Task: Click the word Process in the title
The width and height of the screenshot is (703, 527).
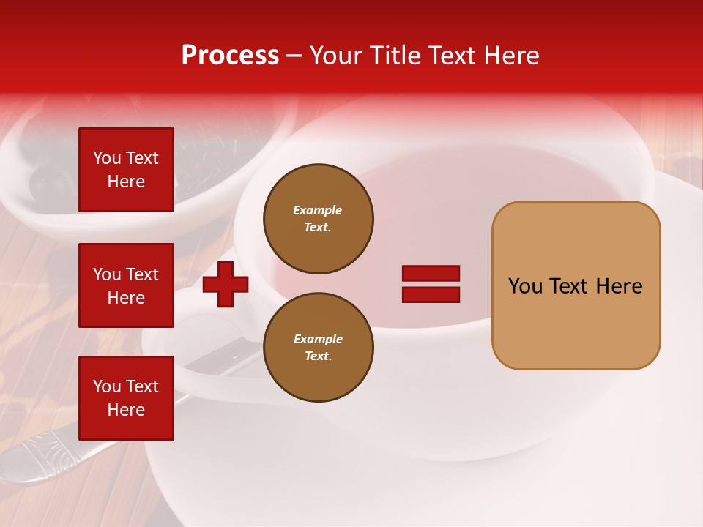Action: pyautogui.click(x=230, y=56)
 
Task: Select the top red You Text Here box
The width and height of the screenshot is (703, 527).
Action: pyautogui.click(x=126, y=170)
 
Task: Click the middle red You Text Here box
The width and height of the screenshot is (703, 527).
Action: pyautogui.click(x=126, y=285)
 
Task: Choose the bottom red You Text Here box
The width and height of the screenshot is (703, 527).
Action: pyautogui.click(x=126, y=398)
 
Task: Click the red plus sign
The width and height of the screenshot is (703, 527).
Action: pyautogui.click(x=226, y=284)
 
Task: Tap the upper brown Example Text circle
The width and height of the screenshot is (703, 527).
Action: pyautogui.click(x=318, y=219)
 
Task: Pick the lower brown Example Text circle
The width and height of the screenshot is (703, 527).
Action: pyautogui.click(x=318, y=348)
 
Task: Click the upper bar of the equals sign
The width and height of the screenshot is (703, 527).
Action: pyautogui.click(x=431, y=274)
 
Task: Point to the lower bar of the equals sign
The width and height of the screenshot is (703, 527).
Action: pyautogui.click(x=431, y=295)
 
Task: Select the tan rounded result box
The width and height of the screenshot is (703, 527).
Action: pyautogui.click(x=576, y=285)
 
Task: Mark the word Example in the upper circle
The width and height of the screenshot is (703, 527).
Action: pyautogui.click(x=317, y=211)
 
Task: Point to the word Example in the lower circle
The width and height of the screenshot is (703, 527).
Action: pyautogui.click(x=317, y=340)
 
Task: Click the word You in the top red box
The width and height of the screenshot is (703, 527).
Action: pyautogui.click(x=107, y=158)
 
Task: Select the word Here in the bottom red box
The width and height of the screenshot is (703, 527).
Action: pyautogui.click(x=126, y=410)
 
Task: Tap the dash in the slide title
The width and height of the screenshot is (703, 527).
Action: pyautogui.click(x=294, y=56)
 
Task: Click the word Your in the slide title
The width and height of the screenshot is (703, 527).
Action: pyautogui.click(x=337, y=56)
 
